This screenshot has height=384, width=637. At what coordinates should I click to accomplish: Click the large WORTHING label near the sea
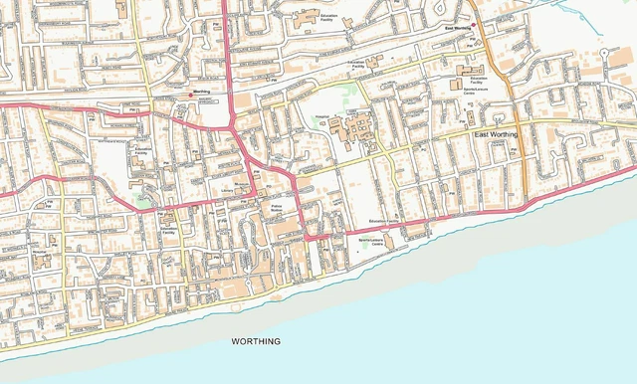coord(256,341)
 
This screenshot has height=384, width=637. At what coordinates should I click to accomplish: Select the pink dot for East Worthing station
coord(474,24)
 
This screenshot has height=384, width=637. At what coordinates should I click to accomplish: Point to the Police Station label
coord(277,207)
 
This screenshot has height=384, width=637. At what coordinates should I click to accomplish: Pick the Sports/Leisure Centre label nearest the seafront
coord(371,241)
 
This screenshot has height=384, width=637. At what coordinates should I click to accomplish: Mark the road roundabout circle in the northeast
coord(604,50)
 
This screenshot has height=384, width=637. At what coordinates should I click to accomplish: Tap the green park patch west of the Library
coord(143,201)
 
